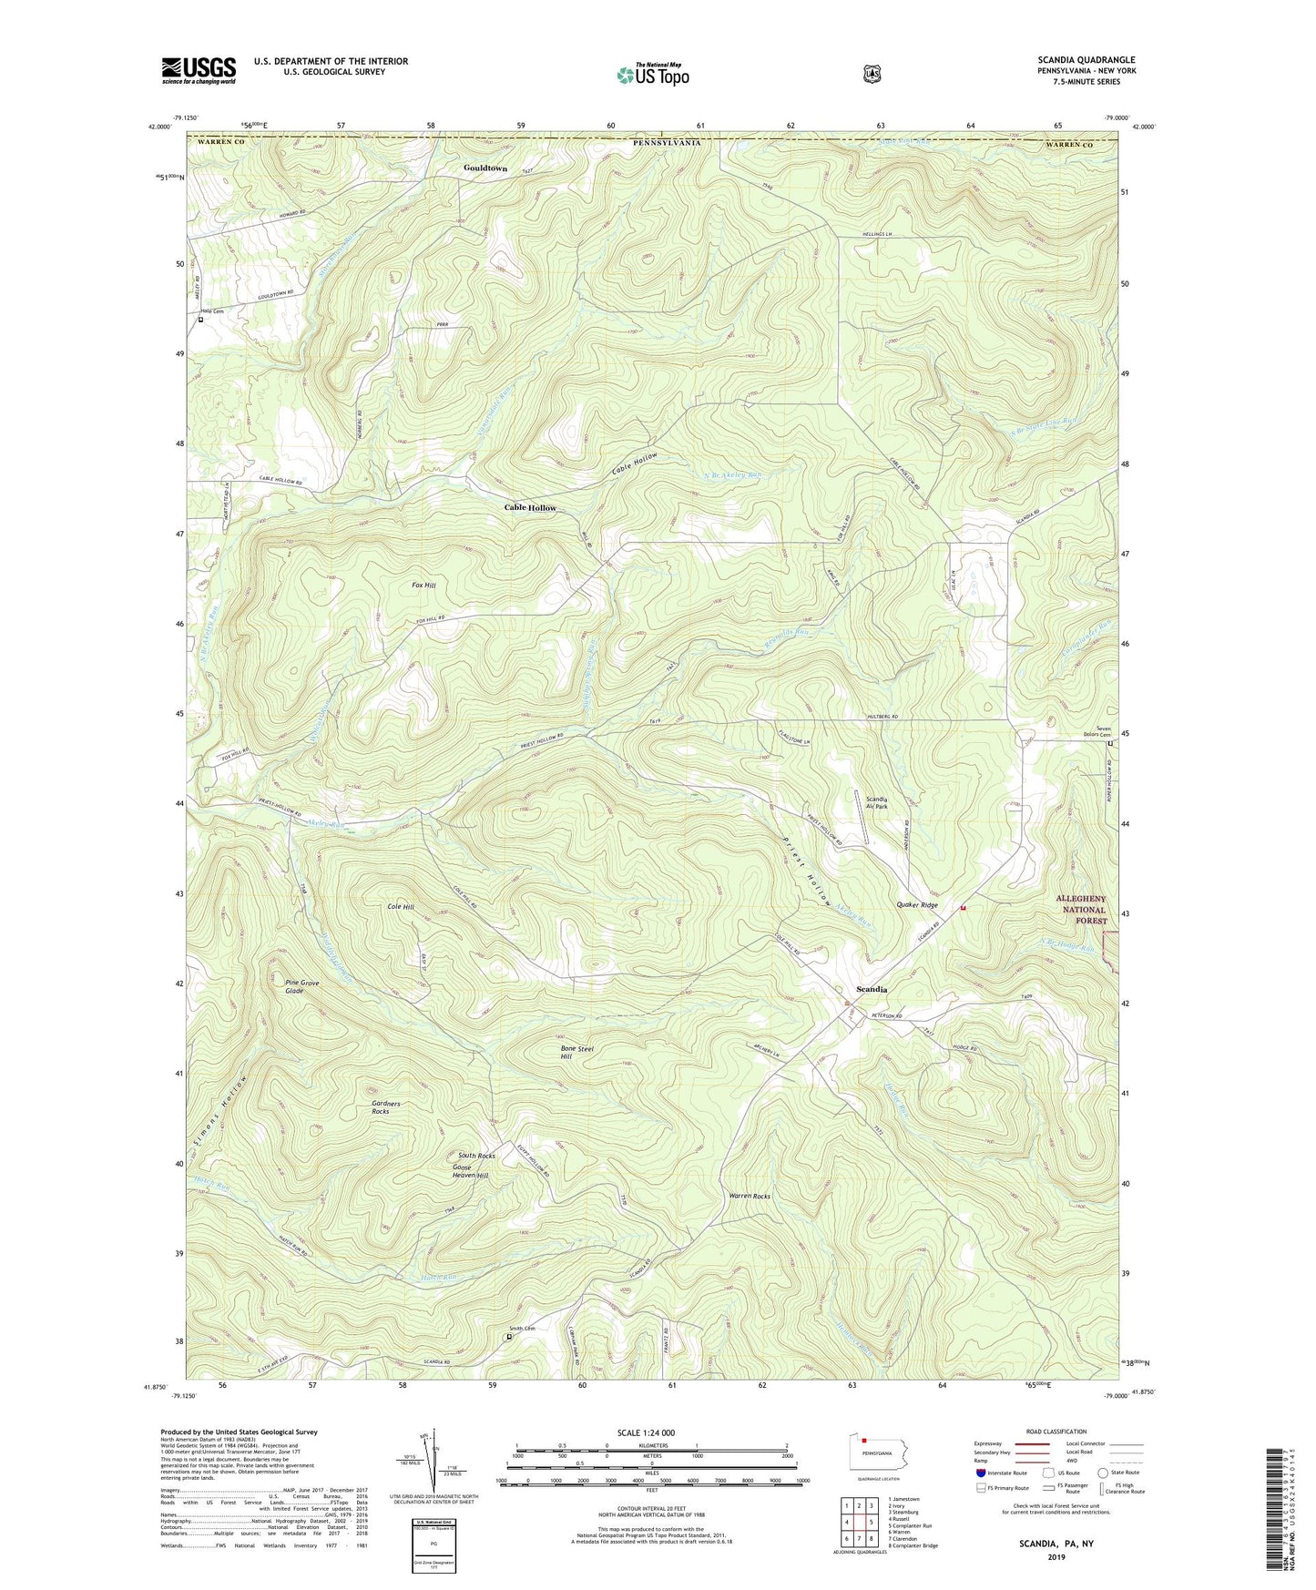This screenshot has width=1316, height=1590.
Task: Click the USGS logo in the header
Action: coord(199,70)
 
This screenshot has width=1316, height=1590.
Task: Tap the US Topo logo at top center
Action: coord(651,75)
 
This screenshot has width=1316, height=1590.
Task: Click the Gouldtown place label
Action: coord(485,168)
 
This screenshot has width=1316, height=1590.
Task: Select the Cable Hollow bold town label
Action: coord(530,508)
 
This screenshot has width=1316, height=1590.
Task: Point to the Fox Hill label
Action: coord(423,586)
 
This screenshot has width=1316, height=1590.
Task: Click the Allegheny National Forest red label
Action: coord(1081,910)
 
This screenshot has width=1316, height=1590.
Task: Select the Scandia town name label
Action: coord(872,989)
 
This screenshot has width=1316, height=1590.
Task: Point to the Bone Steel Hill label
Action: coord(576,1053)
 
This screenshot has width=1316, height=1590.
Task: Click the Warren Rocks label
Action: coord(750,1196)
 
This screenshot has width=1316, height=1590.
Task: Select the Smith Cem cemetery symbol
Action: coord(508,1337)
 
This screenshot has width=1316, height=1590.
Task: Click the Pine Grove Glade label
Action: coord(301,987)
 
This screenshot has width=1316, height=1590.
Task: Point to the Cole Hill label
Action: coord(401,907)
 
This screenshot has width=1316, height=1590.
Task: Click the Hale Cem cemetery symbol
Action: coord(201,321)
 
